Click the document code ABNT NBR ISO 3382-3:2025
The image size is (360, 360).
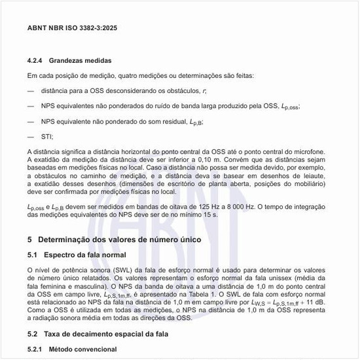73,29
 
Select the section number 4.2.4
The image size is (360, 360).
37,60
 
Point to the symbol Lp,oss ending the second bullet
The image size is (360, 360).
289,106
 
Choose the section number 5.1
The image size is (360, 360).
34,254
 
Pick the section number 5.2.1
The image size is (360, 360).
37,350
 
